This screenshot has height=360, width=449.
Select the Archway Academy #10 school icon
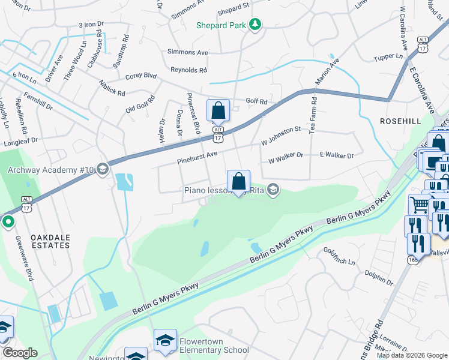pos(103,169)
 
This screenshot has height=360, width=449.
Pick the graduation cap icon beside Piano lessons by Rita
pos(273,190)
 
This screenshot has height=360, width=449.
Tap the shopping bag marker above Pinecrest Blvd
pos(218,111)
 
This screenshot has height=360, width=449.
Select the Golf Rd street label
pos(256,101)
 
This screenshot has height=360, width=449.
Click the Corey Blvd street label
pos(140,76)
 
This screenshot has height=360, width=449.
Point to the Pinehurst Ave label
pos(197,155)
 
